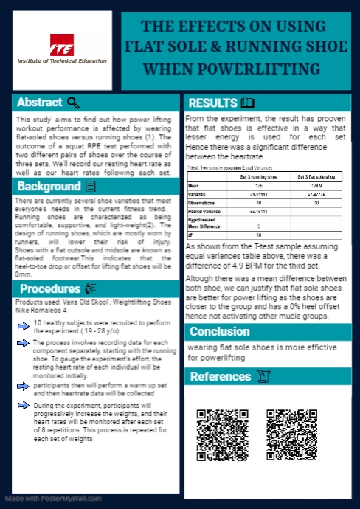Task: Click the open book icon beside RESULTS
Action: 248,103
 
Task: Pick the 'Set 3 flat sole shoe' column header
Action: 316,178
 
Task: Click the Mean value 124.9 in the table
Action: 316,186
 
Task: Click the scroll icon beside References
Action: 263,377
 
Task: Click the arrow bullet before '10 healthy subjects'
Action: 25,324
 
